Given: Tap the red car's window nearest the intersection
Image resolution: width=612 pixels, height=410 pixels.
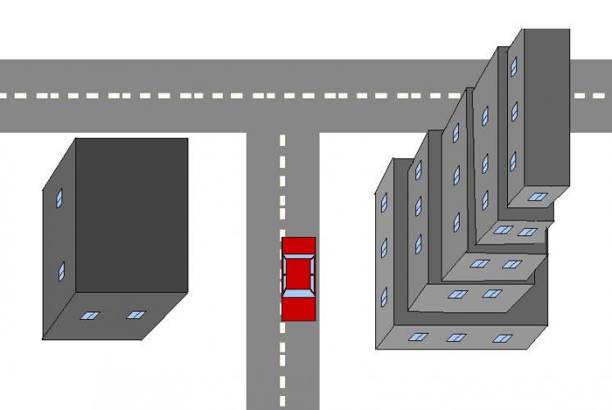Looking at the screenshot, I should click(298, 257).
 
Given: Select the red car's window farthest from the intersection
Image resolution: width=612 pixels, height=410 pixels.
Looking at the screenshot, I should click(298, 293).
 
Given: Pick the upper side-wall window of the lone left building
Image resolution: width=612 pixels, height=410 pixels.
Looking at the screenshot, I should click(59, 198).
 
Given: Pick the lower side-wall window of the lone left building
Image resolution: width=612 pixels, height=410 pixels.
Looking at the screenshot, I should click(61, 271).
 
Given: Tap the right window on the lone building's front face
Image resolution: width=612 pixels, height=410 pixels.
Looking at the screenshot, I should click(136, 314).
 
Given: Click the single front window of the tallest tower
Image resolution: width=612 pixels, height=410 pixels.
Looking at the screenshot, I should click(537, 197).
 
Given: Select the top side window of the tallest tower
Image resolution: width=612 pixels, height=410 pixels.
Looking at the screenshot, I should click(514, 66).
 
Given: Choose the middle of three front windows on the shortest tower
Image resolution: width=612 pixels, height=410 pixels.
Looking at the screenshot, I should click(457, 337).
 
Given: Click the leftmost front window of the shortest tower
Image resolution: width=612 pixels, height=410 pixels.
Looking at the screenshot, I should click(419, 336).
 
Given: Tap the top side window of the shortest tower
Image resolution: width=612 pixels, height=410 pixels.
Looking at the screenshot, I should click(383, 203).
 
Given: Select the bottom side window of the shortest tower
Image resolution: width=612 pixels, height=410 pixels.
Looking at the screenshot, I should click(383, 296).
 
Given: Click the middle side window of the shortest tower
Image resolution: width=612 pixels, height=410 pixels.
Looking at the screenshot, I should click(383, 248).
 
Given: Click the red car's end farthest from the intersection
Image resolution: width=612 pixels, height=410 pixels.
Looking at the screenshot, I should click(298, 311).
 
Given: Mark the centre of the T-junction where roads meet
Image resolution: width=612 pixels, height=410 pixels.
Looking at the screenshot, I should click(283, 96).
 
